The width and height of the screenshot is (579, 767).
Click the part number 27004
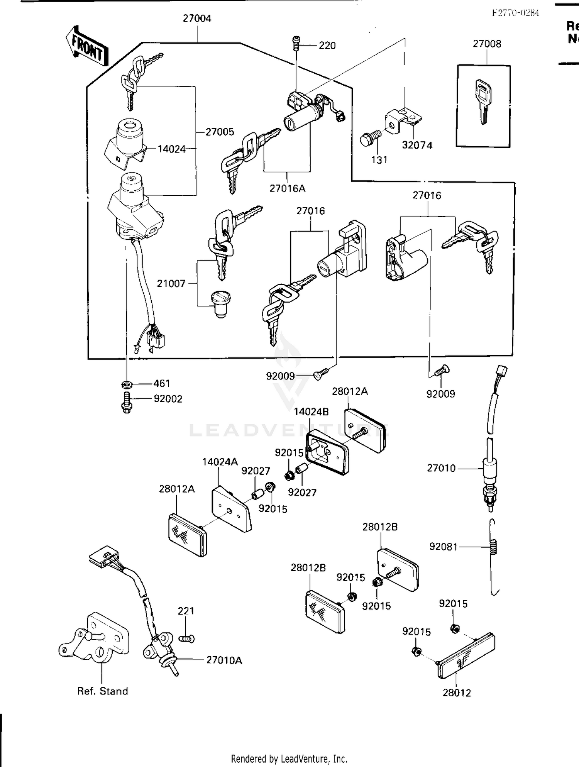click(x=197, y=19)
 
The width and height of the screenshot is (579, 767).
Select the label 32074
click(x=417, y=145)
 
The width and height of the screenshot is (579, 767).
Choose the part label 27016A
click(x=287, y=188)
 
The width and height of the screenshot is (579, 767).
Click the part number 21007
click(x=171, y=284)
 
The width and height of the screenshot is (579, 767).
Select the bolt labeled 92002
click(x=127, y=402)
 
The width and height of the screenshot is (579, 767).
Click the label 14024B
click(x=311, y=412)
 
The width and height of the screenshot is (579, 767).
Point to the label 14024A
click(x=220, y=462)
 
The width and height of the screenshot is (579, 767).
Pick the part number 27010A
click(x=224, y=660)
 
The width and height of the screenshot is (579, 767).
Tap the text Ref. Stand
click(x=102, y=691)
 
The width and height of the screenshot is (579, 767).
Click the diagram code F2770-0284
click(x=515, y=13)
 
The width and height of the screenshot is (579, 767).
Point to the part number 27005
click(x=220, y=132)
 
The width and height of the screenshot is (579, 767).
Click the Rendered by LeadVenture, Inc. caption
click(x=289, y=759)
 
